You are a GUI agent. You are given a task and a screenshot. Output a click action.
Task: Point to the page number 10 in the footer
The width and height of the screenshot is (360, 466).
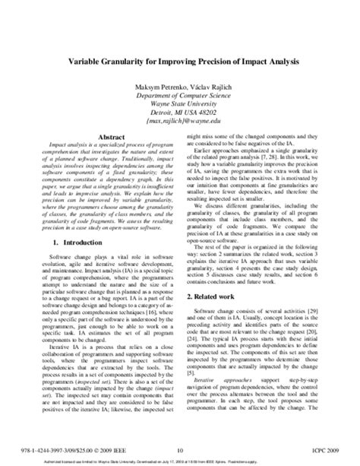180,449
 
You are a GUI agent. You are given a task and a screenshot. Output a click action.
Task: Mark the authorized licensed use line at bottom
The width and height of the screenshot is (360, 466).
180,458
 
